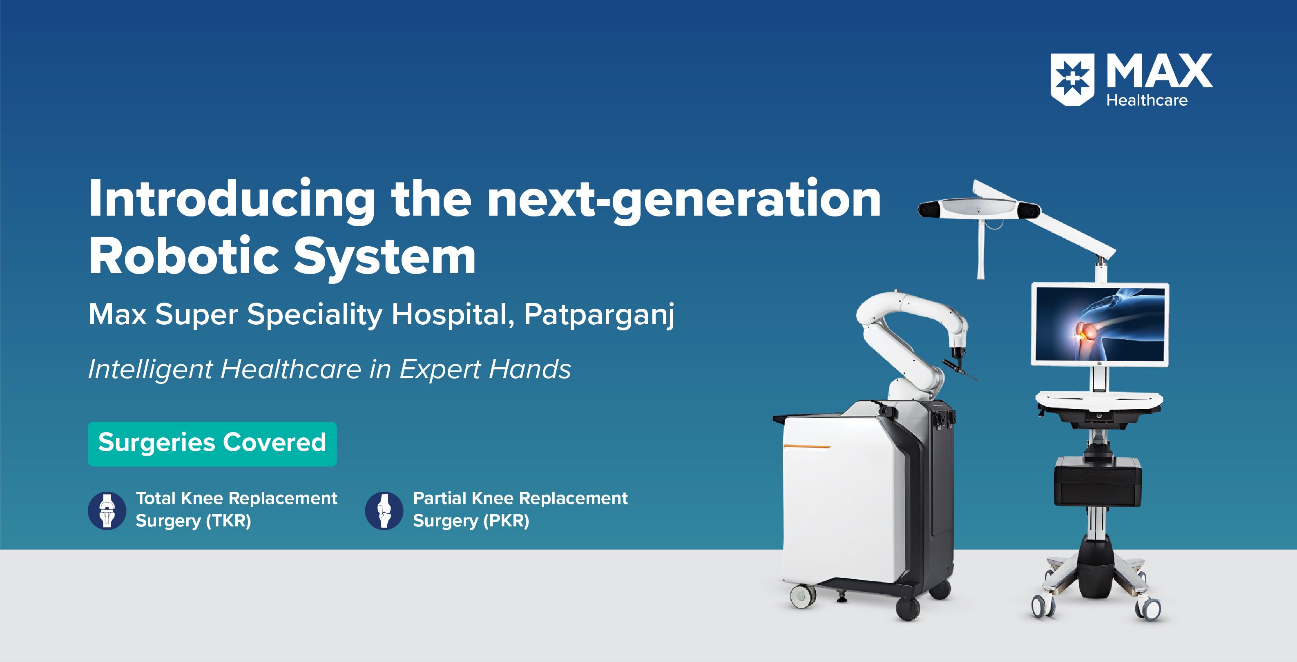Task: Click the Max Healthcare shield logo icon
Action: pos(1072,81)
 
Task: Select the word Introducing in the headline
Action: pos(232,200)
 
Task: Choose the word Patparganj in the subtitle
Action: pos(599,316)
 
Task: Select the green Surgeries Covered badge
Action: pos(212,444)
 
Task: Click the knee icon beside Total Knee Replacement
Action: pos(107,510)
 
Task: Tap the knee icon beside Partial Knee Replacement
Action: pos(384,510)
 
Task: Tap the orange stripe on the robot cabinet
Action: pos(807,446)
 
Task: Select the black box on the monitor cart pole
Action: pos(1098,480)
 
